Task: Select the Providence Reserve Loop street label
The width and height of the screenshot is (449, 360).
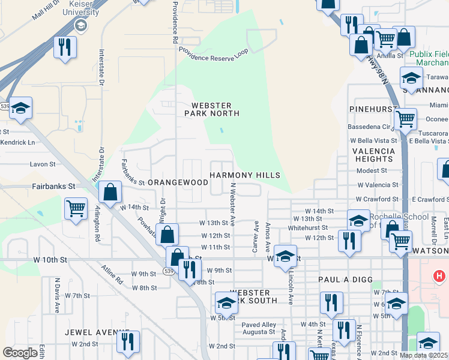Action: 213,56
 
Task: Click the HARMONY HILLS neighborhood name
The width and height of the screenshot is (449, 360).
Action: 244,175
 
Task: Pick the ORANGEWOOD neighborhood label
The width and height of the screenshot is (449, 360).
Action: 178,182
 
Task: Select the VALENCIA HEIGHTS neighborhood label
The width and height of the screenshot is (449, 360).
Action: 373,155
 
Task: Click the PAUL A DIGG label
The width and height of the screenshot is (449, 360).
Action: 347,280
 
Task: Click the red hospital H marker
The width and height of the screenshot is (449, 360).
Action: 439,277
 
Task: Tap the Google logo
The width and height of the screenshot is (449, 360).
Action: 20,353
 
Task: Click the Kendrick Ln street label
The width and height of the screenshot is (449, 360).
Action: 18,143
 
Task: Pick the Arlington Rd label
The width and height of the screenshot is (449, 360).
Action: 97,224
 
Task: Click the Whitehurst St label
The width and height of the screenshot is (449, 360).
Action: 308,228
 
